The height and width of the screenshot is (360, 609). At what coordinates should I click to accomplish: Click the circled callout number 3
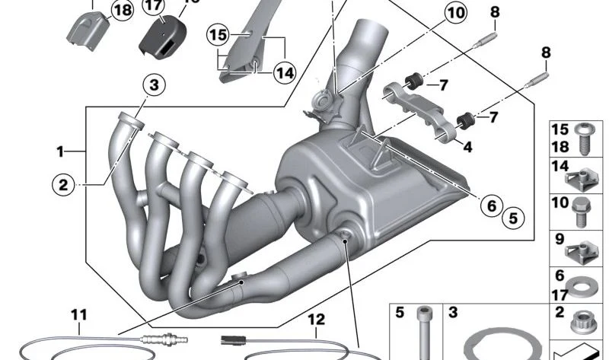pyautogui.click(x=153, y=86)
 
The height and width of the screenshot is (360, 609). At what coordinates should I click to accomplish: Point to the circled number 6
pyautogui.click(x=491, y=205)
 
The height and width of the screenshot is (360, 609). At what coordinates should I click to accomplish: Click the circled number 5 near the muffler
pyautogui.click(x=512, y=218)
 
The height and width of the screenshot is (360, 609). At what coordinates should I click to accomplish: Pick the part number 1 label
pyautogui.click(x=60, y=151)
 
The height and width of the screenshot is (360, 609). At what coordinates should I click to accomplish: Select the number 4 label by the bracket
pyautogui.click(x=467, y=148)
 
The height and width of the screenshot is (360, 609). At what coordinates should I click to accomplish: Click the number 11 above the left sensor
pyautogui.click(x=79, y=314)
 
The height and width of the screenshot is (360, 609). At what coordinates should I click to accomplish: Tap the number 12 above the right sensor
pyautogui.click(x=317, y=320)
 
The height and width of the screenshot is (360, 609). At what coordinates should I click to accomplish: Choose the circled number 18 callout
pyautogui.click(x=121, y=10)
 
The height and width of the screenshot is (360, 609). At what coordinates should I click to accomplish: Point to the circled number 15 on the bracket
pyautogui.click(x=218, y=35)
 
